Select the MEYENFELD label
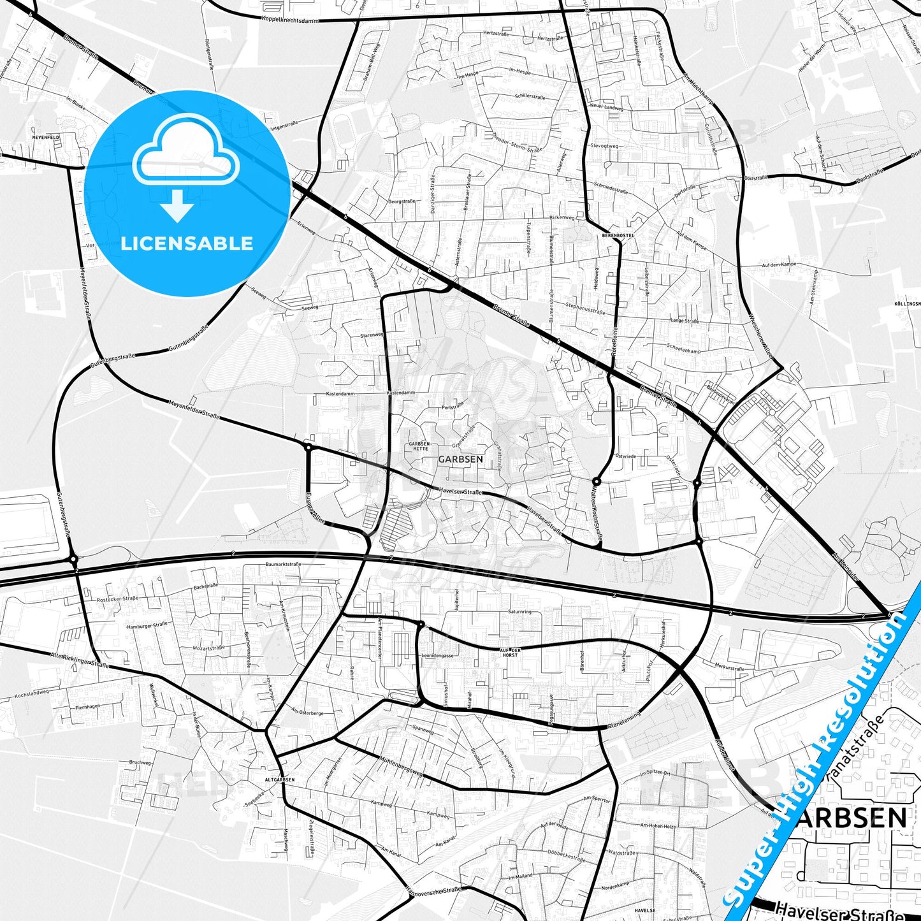point(46,137)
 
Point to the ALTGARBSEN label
point(280,780)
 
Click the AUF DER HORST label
point(510,652)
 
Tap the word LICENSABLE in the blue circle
point(187,243)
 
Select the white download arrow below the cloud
point(177,205)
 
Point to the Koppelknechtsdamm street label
point(291,18)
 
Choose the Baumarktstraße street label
point(283,564)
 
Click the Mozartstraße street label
point(209,648)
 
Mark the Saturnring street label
point(519,612)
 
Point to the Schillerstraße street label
point(530,97)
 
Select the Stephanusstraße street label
point(584,309)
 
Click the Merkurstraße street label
point(729,667)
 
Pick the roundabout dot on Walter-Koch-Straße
point(596,481)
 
